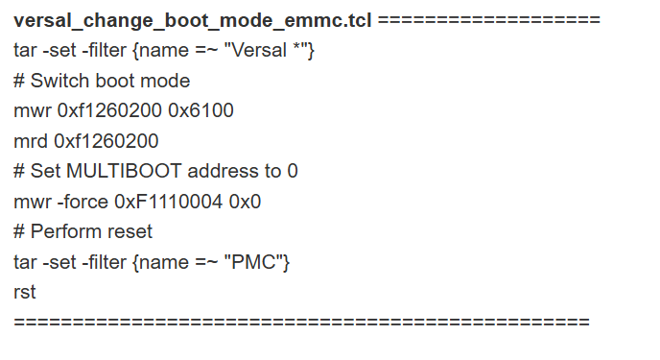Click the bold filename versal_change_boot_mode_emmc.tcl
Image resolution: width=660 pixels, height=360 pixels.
[x=193, y=20]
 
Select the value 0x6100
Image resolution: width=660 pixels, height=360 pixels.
[x=200, y=110]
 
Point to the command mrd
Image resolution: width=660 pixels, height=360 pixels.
[x=31, y=141]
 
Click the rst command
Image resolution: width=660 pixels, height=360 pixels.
[x=24, y=292]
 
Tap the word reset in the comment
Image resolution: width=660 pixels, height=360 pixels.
[x=130, y=231]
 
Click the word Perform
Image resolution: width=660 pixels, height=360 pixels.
[x=64, y=231]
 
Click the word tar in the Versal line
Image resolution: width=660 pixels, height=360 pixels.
[x=26, y=50]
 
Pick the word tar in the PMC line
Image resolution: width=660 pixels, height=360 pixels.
[x=26, y=261]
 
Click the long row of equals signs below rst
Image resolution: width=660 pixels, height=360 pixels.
[x=301, y=322]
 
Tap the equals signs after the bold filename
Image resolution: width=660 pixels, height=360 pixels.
[x=489, y=20]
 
